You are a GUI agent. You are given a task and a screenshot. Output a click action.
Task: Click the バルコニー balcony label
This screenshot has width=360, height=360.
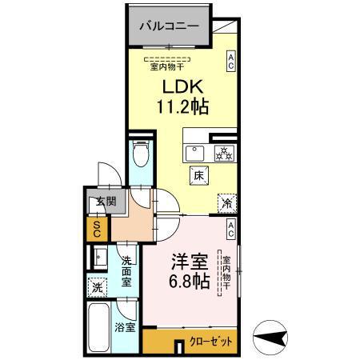170,26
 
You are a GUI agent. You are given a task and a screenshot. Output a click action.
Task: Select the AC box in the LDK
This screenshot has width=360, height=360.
231,61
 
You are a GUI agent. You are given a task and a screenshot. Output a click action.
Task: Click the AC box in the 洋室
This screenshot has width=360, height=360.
230,230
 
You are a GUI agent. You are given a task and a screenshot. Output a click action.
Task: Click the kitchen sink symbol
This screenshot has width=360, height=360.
195,152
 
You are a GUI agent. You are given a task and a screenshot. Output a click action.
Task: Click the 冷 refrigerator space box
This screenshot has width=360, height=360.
226,204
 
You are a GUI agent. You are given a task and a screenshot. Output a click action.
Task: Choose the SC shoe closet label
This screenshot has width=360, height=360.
96,230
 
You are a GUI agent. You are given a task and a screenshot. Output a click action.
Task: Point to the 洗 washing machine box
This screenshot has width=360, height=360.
97,286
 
